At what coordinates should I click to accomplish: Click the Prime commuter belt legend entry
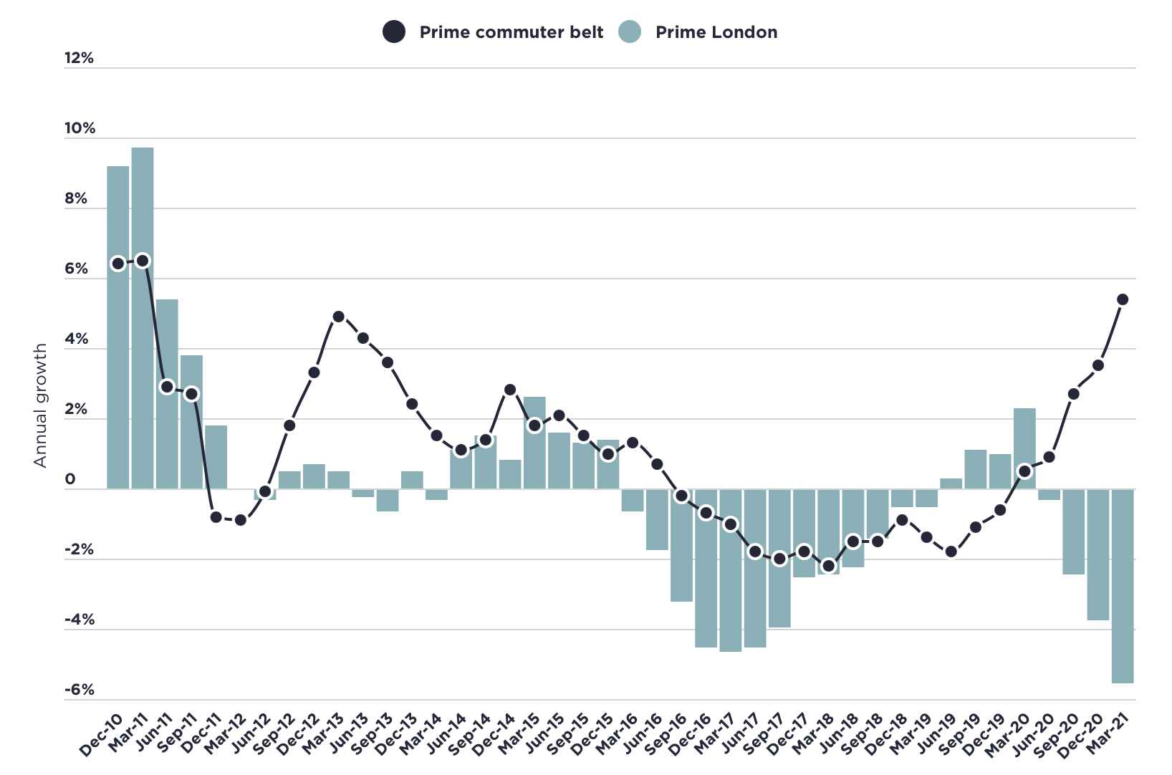[494, 32]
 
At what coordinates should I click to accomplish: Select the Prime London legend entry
[698, 32]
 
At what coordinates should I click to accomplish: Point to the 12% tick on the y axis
[79, 58]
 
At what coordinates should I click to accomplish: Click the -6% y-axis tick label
[80, 690]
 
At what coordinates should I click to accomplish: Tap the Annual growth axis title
[40, 405]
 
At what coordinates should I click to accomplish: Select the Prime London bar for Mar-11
[143, 318]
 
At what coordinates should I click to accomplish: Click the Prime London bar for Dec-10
[118, 327]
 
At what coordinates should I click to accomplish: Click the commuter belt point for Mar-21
[1123, 299]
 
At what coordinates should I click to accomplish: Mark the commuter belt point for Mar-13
[339, 317]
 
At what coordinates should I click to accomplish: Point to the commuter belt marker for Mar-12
[241, 520]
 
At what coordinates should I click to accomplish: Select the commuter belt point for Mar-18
[829, 566]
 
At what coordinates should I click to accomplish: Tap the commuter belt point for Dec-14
[510, 390]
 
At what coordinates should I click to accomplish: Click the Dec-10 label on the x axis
[102, 735]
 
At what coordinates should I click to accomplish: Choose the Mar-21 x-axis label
[1108, 735]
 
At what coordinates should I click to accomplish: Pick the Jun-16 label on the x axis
[642, 735]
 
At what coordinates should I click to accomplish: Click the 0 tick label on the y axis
[70, 479]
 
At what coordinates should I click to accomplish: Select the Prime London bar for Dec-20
[1098, 554]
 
